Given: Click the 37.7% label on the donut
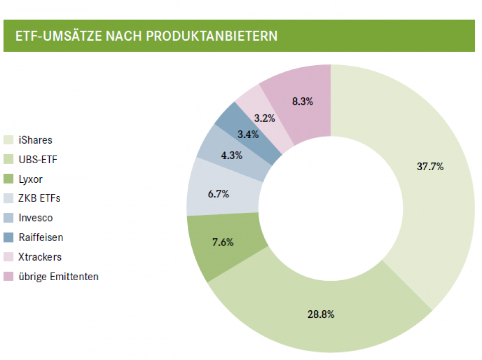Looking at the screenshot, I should pyautogui.click(x=430, y=167).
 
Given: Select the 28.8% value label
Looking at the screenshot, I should pyautogui.click(x=321, y=315).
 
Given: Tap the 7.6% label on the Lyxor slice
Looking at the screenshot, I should pyautogui.click(x=222, y=242).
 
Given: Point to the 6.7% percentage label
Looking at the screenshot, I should pyautogui.click(x=218, y=194).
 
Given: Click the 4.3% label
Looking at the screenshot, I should pyautogui.click(x=231, y=155).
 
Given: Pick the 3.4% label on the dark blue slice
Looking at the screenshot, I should pyautogui.click(x=248, y=134).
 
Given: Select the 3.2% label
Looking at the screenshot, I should pyautogui.click(x=264, y=118).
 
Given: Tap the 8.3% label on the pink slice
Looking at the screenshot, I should pyautogui.click(x=302, y=101).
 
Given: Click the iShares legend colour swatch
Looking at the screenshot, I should pyautogui.click(x=9, y=140).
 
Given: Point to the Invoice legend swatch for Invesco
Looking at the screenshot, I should pyautogui.click(x=9, y=218).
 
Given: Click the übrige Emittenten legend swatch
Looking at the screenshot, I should pyautogui.click(x=9, y=276).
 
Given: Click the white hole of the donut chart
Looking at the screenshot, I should pyautogui.click(x=330, y=208).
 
